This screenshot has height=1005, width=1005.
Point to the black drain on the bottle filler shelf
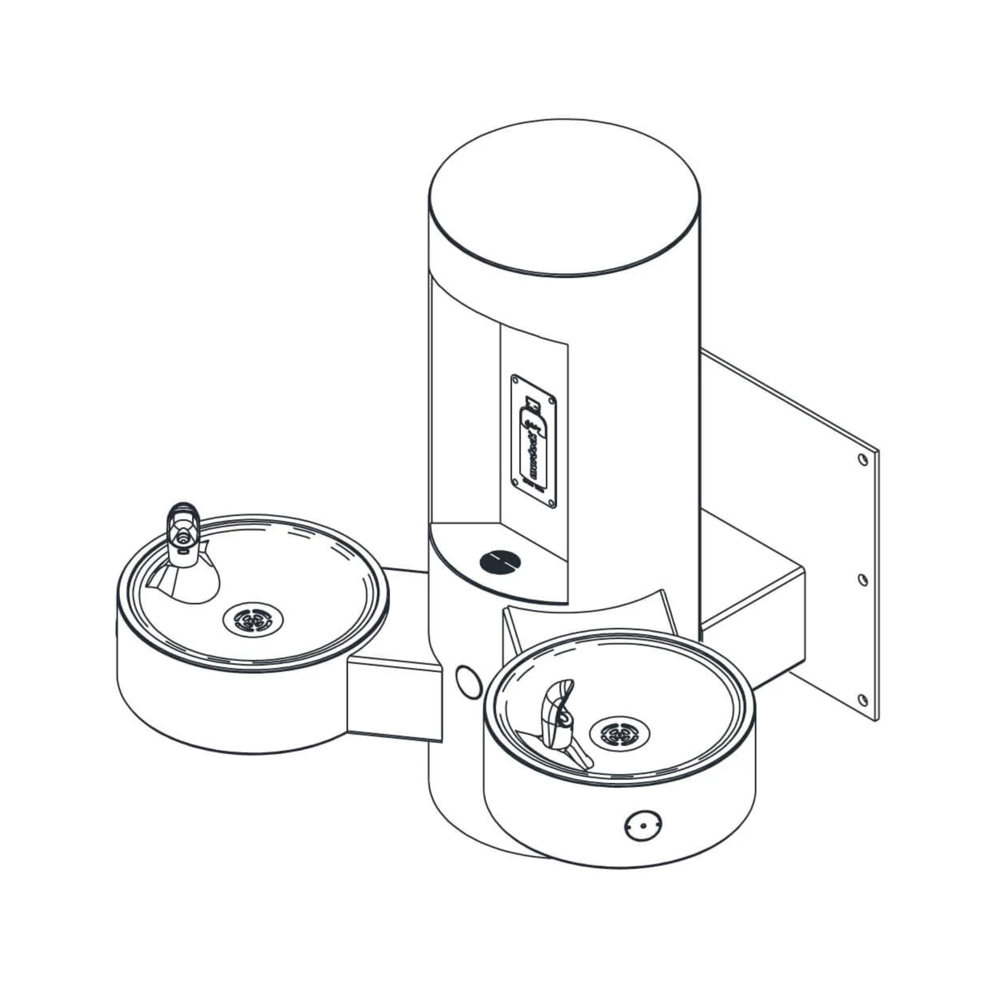[500, 562]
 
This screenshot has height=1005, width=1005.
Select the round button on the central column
[469, 682]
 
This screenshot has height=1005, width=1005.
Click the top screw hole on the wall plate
[863, 460]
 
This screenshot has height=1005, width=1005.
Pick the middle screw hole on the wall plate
[863, 580]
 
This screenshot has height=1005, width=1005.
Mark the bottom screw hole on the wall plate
[863, 700]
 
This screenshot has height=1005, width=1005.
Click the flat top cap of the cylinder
[564, 198]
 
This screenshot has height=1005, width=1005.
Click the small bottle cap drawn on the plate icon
[531, 402]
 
